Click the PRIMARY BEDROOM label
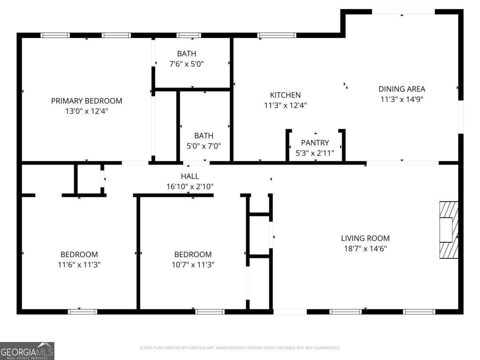(x=86, y=101)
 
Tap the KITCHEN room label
(x=285, y=95)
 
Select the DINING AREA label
(x=402, y=89)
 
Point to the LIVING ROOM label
(x=365, y=238)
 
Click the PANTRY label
(x=315, y=142)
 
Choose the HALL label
(x=190, y=176)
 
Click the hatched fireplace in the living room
(x=448, y=230)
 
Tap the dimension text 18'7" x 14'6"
(x=365, y=248)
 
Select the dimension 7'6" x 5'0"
(x=187, y=64)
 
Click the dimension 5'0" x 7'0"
(x=204, y=146)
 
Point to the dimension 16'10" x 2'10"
(x=190, y=186)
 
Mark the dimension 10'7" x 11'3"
(x=193, y=264)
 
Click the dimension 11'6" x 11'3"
(x=79, y=264)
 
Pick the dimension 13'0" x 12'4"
(x=86, y=111)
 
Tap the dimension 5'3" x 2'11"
(x=315, y=152)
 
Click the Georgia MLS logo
(x=27, y=351)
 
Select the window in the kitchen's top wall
(x=277, y=35)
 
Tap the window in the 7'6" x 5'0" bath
(x=188, y=35)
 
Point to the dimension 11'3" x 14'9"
(x=402, y=99)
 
